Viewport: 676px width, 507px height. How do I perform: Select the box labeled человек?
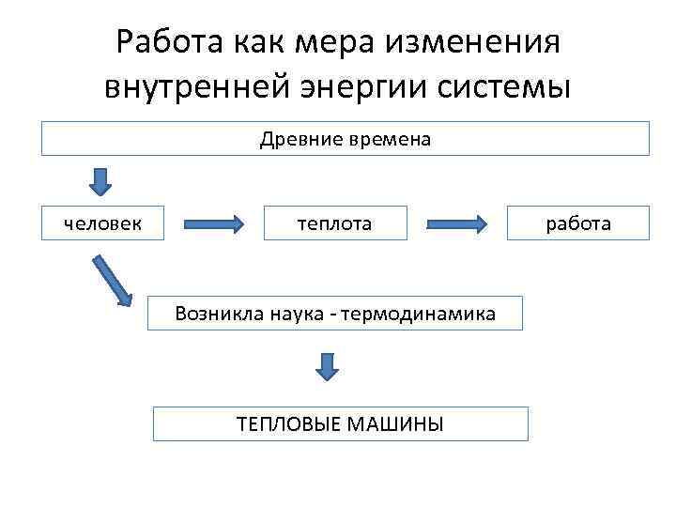tap(102, 223)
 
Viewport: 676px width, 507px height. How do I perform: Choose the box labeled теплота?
tap(335, 223)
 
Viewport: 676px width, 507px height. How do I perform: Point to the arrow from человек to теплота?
tap(215, 224)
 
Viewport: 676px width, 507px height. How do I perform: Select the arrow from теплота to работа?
tap(458, 224)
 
